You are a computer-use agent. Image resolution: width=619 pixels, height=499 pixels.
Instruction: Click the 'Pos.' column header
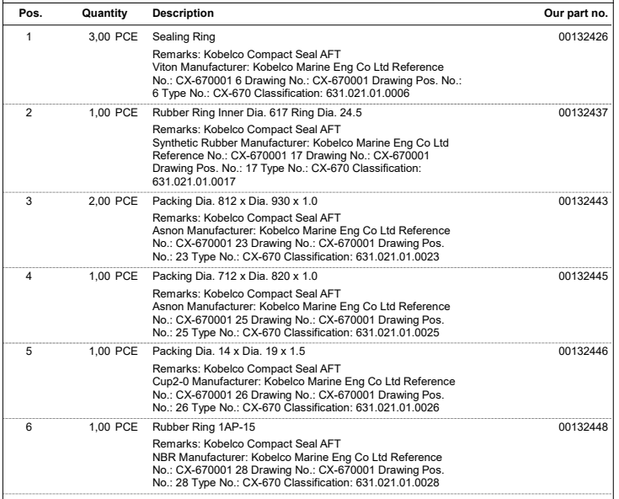point(29,14)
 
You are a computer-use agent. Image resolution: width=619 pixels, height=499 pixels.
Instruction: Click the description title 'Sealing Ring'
point(180,38)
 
